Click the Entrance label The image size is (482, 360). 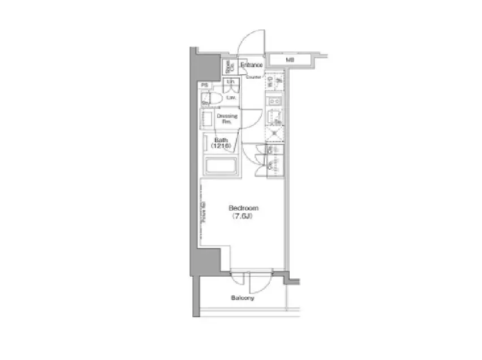(x=251, y=65)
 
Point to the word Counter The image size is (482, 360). (x=253, y=76)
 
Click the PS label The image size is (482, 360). (x=204, y=85)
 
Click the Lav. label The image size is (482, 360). (x=231, y=97)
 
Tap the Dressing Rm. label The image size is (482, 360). (x=227, y=119)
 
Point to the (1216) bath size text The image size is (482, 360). (x=220, y=146)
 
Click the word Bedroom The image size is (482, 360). (x=243, y=208)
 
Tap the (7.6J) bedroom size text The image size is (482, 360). (x=243, y=216)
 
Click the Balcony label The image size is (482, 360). (x=242, y=298)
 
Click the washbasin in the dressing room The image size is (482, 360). (x=207, y=119)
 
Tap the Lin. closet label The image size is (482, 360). (x=231, y=83)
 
